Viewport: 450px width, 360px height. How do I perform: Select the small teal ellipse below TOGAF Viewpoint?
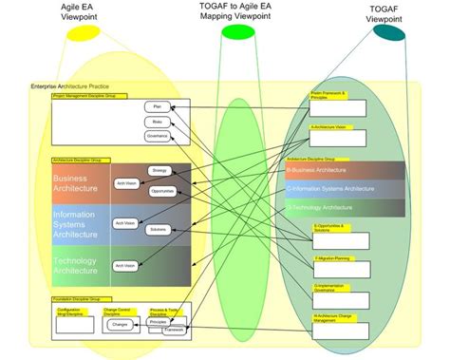(x=388, y=33)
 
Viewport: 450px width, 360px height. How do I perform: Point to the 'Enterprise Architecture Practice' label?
(x=71, y=87)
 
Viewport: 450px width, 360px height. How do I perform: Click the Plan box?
(x=157, y=107)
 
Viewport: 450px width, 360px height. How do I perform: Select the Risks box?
(x=157, y=122)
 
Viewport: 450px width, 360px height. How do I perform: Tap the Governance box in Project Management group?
(x=157, y=136)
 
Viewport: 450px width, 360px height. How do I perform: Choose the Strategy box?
(x=159, y=171)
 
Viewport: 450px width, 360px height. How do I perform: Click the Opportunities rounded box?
(x=160, y=191)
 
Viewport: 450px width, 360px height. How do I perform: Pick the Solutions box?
(x=159, y=230)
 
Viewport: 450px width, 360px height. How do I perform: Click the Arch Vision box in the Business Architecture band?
(x=125, y=183)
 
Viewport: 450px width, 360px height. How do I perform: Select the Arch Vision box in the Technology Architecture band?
(x=125, y=265)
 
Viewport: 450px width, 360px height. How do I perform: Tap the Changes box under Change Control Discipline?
(x=120, y=325)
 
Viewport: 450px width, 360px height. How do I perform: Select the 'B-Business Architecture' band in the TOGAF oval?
(x=332, y=170)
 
